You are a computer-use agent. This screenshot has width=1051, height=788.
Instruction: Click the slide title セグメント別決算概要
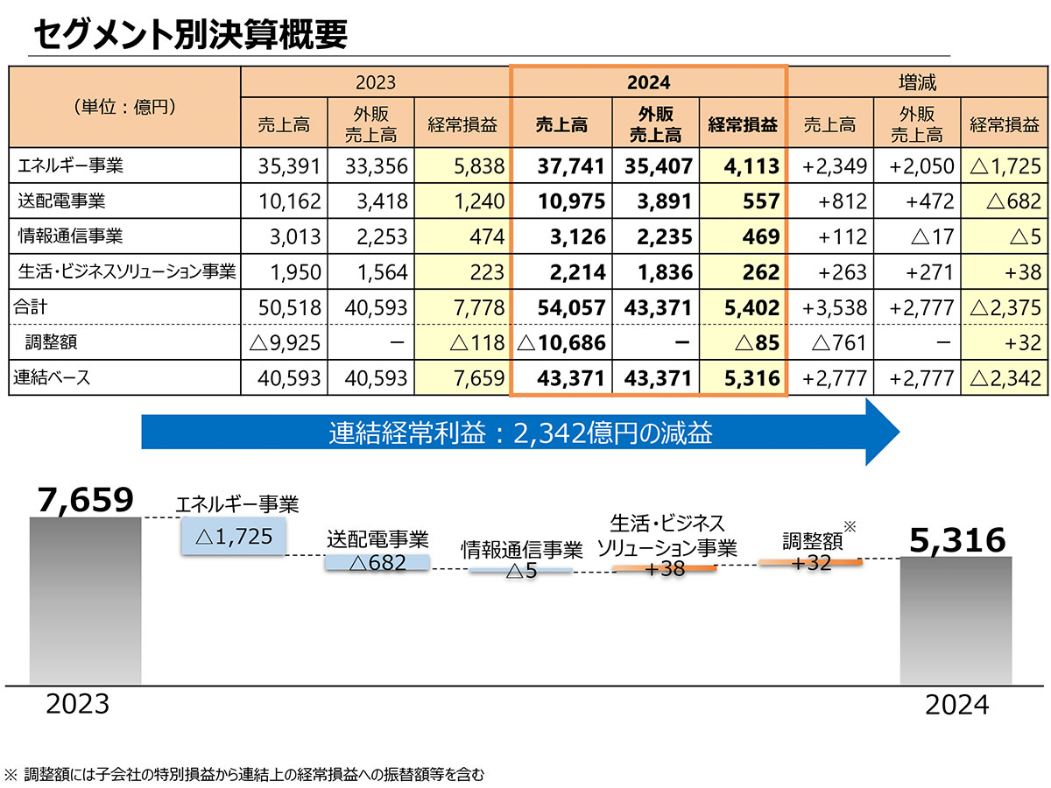[190, 35]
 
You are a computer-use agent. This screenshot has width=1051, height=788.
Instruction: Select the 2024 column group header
[648, 82]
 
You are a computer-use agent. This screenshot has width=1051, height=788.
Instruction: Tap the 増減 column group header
[917, 82]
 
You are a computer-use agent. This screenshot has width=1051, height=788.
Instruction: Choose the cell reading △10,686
[562, 343]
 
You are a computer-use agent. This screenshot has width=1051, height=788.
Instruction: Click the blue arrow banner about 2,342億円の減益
[521, 433]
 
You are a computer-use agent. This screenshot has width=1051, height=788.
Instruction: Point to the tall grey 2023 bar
[84, 600]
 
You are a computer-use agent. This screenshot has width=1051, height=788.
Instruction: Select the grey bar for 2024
[956, 620]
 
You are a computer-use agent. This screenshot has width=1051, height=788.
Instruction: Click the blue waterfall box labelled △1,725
[233, 536]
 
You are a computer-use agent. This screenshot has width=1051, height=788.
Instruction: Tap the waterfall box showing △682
[377, 563]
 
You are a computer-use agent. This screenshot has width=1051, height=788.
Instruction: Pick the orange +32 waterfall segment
[810, 562]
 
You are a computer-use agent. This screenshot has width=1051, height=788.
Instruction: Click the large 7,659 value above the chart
[85, 500]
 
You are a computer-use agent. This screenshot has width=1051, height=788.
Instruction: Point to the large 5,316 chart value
[957, 540]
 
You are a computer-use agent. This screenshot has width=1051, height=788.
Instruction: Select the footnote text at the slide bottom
[244, 774]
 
